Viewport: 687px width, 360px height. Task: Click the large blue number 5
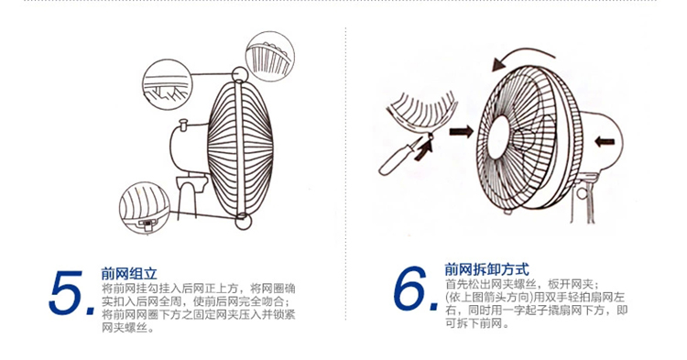67,292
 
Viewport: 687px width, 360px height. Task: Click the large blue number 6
411,289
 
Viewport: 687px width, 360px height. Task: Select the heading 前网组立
129,274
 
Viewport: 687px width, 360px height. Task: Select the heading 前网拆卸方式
486,269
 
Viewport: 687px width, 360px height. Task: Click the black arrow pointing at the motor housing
605,141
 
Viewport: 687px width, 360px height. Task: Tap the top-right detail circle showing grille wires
270,56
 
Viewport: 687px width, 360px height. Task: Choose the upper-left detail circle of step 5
168,84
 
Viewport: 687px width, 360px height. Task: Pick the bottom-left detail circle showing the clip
145,208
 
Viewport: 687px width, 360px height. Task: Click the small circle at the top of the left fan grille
240,74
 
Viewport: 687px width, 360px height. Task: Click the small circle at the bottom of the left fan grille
243,221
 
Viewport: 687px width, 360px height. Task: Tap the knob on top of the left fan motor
184,125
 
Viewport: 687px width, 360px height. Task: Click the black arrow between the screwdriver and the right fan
462,131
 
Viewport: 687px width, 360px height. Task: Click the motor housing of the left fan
190,151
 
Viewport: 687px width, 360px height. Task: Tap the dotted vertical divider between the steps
345,174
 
